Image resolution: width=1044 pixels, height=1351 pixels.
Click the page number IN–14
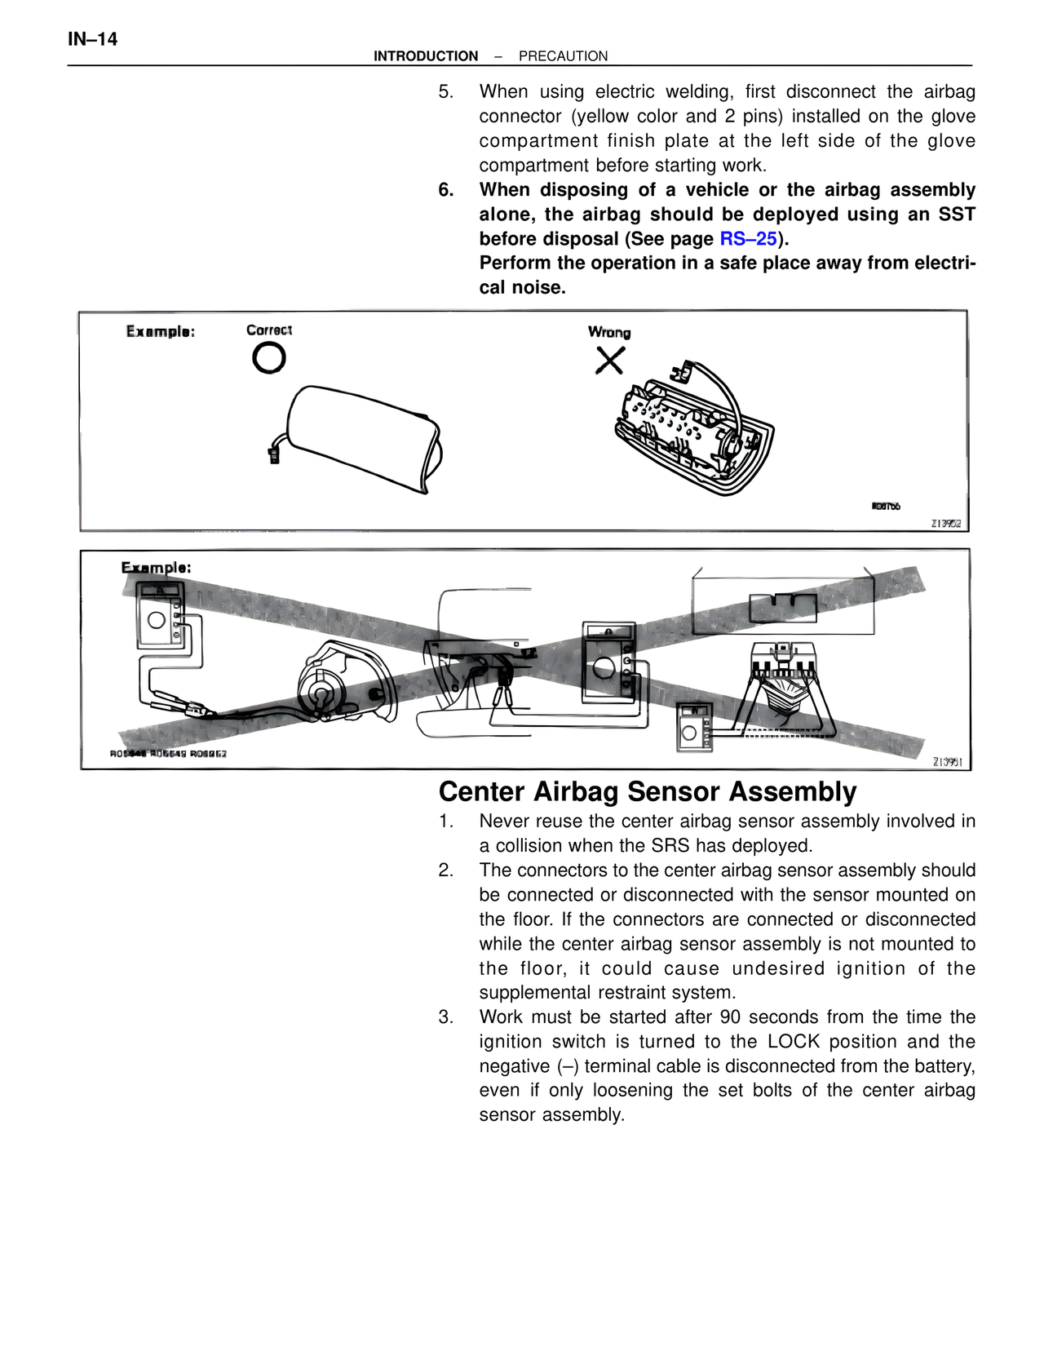(x=92, y=39)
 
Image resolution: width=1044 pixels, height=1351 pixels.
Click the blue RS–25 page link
(x=748, y=239)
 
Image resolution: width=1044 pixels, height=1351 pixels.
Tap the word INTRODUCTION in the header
(x=426, y=56)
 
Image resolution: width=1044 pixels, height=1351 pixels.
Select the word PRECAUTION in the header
(x=563, y=56)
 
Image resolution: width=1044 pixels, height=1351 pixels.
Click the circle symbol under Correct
(x=269, y=357)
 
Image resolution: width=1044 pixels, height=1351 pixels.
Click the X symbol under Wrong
(x=609, y=360)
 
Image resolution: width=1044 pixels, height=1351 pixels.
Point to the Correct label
(x=269, y=330)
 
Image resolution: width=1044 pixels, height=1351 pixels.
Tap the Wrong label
(x=609, y=332)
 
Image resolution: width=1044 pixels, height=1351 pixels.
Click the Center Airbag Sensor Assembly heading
(x=648, y=792)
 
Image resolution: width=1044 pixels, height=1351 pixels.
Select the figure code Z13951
(x=947, y=762)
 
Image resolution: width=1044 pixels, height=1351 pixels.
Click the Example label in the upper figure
(x=160, y=331)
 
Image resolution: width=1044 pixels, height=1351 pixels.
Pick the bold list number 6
(x=445, y=190)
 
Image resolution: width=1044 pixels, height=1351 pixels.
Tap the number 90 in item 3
(x=730, y=1017)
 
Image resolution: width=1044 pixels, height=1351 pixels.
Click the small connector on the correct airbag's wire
(x=274, y=454)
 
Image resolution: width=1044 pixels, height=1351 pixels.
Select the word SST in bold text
(x=956, y=215)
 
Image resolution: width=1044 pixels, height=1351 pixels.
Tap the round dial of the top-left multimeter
(x=157, y=620)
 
